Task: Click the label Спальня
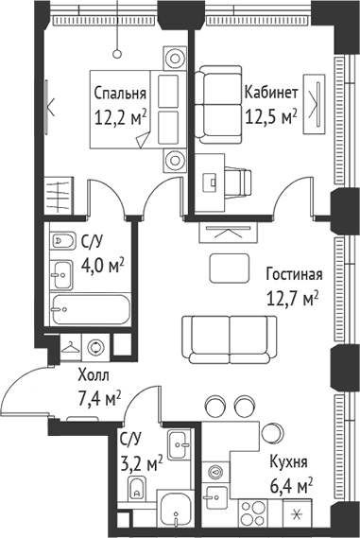pyautogui.click(x=119, y=94)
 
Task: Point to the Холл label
pyautogui.click(x=94, y=374)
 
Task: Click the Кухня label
pyautogui.click(x=288, y=463)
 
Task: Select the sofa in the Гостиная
pyautogui.click(x=218, y=336)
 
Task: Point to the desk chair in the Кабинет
pyautogui.click(x=238, y=181)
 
